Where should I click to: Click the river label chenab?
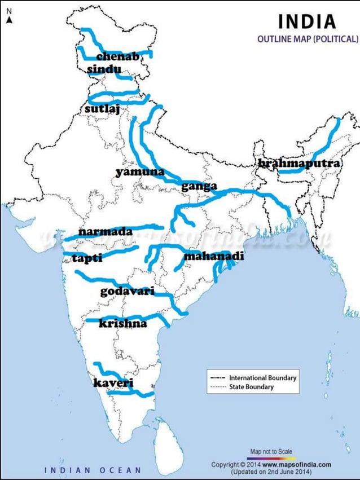click(x=118, y=56)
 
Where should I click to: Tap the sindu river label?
click(x=104, y=69)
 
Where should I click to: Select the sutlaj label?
click(x=102, y=108)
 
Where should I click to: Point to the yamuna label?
click(x=140, y=172)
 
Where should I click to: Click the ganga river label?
click(x=199, y=187)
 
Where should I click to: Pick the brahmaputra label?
click(x=299, y=163)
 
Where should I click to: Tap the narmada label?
click(x=106, y=231)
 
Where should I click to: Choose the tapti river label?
click(x=87, y=258)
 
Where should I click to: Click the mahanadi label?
click(x=214, y=257)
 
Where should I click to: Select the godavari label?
click(x=128, y=291)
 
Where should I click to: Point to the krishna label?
click(x=122, y=323)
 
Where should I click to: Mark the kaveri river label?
click(x=113, y=383)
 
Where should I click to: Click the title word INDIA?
click(x=307, y=22)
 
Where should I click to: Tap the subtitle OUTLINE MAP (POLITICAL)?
click(x=308, y=39)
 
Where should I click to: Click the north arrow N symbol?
click(x=9, y=19)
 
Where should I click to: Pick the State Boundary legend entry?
click(x=251, y=387)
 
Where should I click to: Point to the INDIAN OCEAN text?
click(x=93, y=470)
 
